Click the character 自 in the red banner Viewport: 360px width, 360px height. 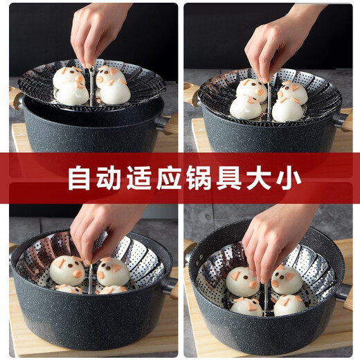(x=79, y=178)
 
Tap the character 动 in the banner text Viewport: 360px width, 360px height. (x=108, y=178)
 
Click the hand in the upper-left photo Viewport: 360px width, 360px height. (x=97, y=33)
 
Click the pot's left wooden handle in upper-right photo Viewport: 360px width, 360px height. (x=190, y=95)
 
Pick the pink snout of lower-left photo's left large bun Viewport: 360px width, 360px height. (x=78, y=274)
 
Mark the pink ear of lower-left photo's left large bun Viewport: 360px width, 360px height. (x=59, y=263)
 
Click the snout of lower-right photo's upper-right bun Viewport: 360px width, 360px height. (x=275, y=283)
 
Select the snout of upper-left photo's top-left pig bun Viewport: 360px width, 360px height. (x=80, y=79)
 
